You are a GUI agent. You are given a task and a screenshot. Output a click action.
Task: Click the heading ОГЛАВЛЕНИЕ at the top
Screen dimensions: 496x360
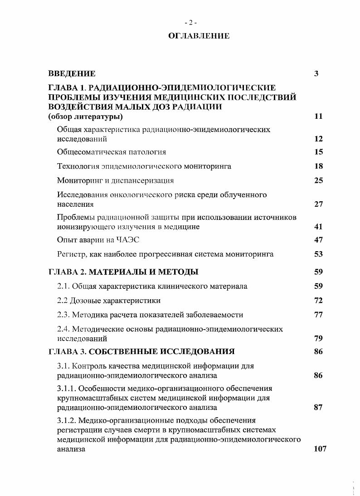pyautogui.click(x=199, y=36)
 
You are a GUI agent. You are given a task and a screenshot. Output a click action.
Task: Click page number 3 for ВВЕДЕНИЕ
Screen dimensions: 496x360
pyautogui.click(x=316, y=73)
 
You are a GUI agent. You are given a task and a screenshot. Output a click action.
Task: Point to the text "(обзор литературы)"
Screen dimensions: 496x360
pyautogui.click(x=86, y=117)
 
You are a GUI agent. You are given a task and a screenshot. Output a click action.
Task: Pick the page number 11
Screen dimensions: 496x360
pyautogui.click(x=318, y=117)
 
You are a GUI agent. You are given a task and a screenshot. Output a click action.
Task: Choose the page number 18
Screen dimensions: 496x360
pyautogui.click(x=318, y=166)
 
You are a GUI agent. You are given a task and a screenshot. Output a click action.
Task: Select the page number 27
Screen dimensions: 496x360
pyautogui.click(x=318, y=204)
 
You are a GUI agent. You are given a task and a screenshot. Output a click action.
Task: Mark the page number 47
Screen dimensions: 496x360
pyautogui.click(x=318, y=240)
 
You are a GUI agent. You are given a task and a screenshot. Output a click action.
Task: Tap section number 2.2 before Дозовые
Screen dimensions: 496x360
pyautogui.click(x=63, y=301)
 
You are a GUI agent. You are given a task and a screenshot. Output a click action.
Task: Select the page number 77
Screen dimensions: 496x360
pyautogui.click(x=318, y=315)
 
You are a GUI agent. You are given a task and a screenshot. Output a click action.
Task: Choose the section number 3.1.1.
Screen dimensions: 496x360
pyautogui.click(x=67, y=388)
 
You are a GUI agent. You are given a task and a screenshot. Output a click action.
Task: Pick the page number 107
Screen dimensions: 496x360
pyautogui.click(x=320, y=449)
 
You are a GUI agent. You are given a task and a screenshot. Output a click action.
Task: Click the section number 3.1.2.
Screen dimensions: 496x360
pyautogui.click(x=67, y=420)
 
